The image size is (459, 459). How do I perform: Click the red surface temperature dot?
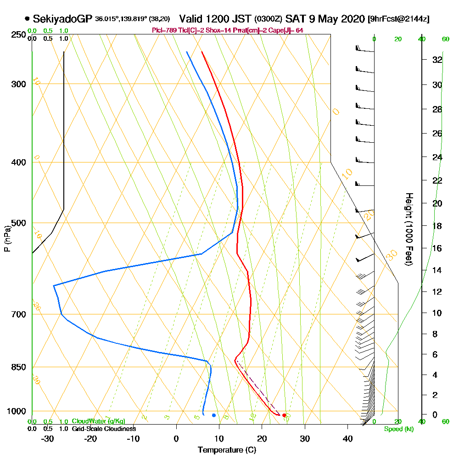284,415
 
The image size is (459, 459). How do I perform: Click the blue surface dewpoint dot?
214,415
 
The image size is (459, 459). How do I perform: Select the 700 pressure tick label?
18,314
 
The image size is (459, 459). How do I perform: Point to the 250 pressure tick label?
18,35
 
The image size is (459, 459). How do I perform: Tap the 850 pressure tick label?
18,367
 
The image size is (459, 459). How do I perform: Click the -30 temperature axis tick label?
48,438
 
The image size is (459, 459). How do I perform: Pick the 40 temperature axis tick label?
347,438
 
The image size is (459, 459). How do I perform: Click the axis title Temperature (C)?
227,450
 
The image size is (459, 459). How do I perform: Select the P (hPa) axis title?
7,239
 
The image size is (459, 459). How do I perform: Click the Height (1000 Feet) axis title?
409,229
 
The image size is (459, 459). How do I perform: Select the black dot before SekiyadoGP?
28,19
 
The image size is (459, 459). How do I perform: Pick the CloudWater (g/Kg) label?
98,421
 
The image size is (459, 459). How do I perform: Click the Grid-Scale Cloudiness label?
104,429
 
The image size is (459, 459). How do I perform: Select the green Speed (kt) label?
399,429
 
